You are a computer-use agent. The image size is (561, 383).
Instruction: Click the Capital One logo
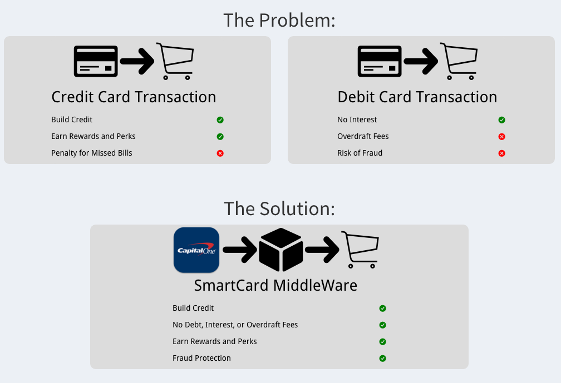196,250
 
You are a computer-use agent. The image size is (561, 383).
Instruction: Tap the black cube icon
281,250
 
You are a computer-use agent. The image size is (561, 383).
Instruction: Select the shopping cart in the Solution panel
360,250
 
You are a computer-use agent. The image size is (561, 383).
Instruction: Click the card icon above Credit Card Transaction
96,61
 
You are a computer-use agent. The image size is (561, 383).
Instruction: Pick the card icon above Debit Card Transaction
380,61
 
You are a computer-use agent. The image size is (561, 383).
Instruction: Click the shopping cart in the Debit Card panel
459,61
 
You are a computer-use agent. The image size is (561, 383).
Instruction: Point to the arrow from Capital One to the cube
240,250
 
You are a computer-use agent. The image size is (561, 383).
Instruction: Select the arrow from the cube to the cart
322,250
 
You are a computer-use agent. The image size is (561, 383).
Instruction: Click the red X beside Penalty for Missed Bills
220,153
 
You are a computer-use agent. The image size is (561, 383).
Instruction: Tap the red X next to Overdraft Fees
501,137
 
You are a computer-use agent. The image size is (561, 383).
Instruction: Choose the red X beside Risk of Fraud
501,153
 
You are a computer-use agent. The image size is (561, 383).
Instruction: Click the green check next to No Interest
501,120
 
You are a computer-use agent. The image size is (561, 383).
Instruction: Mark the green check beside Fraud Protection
382,359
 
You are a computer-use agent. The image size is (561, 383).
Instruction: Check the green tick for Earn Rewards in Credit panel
220,137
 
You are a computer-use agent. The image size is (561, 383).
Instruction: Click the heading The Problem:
279,20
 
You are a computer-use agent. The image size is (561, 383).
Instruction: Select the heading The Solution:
279,209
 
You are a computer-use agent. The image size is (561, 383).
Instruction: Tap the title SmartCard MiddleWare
275,285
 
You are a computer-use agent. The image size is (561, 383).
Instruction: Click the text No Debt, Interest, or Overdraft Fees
235,325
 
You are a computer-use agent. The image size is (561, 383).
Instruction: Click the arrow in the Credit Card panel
137,61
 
